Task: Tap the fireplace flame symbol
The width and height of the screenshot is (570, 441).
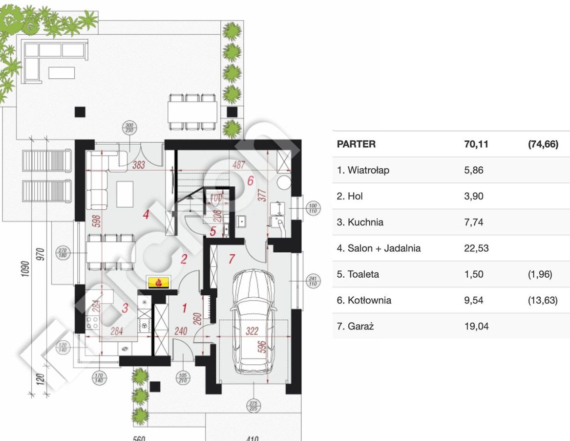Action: tap(158, 282)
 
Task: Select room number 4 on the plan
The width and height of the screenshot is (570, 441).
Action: tap(145, 214)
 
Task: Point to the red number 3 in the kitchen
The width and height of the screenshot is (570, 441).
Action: tap(125, 308)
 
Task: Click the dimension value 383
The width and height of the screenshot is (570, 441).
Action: tap(139, 165)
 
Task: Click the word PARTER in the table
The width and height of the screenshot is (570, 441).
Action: tap(356, 144)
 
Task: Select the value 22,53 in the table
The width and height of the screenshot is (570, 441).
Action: tap(474, 248)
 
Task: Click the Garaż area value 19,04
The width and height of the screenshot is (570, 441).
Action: tap(474, 326)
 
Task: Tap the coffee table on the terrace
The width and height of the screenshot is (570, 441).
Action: tap(61, 72)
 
